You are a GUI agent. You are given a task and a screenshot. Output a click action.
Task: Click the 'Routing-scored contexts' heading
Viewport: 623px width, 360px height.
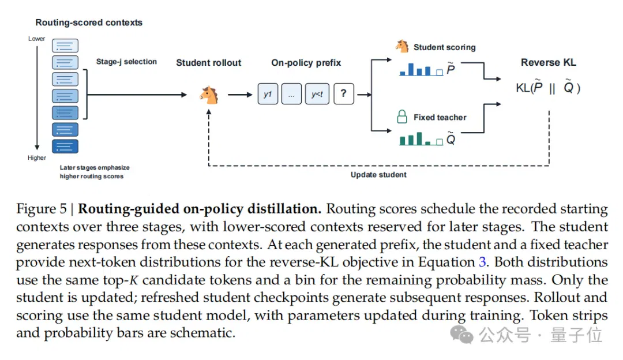[89, 22]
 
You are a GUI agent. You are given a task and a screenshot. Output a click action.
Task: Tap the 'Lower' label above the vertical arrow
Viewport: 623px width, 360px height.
[36, 39]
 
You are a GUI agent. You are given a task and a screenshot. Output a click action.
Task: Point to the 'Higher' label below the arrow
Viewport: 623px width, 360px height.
[36, 157]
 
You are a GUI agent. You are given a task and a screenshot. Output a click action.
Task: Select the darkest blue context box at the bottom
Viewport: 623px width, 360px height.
[65, 146]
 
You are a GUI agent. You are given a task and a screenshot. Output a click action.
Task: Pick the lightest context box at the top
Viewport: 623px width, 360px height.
[65, 46]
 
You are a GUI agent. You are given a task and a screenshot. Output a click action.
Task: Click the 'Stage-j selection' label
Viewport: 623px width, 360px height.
[126, 62]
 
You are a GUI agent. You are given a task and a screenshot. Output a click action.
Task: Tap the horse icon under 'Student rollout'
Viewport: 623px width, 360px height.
[209, 95]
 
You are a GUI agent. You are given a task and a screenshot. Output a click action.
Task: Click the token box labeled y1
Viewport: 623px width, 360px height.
[268, 94]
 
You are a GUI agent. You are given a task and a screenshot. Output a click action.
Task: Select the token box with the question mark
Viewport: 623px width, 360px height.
[344, 94]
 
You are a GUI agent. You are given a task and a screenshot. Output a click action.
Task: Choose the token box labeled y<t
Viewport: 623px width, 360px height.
[317, 94]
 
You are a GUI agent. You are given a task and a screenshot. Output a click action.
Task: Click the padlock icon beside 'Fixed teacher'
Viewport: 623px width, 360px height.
[402, 117]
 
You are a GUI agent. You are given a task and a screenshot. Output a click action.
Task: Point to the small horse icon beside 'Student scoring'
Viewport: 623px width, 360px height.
[402, 46]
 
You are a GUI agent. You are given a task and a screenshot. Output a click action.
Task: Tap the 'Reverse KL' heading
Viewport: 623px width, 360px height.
[549, 62]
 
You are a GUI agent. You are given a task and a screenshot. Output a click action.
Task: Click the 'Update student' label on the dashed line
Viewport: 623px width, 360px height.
[378, 175]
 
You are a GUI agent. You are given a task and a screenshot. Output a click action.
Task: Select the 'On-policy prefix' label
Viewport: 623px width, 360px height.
[306, 63]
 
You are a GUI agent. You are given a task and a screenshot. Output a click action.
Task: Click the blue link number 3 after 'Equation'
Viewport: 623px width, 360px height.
[482, 262]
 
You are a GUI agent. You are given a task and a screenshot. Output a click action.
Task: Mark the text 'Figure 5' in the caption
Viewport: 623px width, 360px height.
[42, 209]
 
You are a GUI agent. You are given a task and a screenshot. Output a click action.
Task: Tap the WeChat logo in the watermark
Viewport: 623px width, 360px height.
[461, 335]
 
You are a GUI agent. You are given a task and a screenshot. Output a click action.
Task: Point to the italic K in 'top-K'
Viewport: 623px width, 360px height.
[133, 280]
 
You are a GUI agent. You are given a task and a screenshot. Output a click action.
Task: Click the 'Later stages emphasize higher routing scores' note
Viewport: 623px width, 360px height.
[95, 172]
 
